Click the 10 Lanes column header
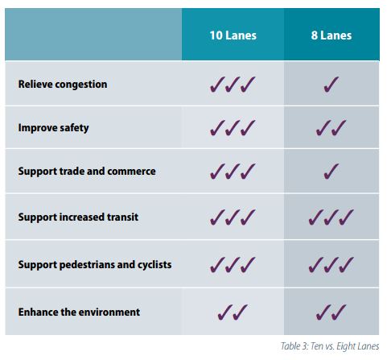tap(232, 36)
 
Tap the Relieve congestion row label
tap(63, 84)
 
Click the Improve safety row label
tap(54, 128)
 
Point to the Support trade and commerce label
tap(87, 172)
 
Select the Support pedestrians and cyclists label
tap(95, 264)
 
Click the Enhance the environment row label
tap(79, 311)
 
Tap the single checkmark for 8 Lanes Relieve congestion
tap(331, 84)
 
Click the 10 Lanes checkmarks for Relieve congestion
tap(232, 84)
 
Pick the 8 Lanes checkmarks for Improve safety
tap(331, 129)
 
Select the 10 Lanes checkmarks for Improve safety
tap(232, 129)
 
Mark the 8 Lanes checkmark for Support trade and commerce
tap(331, 172)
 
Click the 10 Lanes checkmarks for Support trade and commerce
tap(232, 172)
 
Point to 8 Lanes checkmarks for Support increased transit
tap(331, 218)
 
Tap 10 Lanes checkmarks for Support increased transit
tap(232, 218)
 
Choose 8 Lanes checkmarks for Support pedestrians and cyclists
tap(331, 264)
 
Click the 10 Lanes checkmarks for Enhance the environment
tap(232, 312)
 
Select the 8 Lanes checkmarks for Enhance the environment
tap(331, 312)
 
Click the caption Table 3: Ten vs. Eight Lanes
tap(330, 347)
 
